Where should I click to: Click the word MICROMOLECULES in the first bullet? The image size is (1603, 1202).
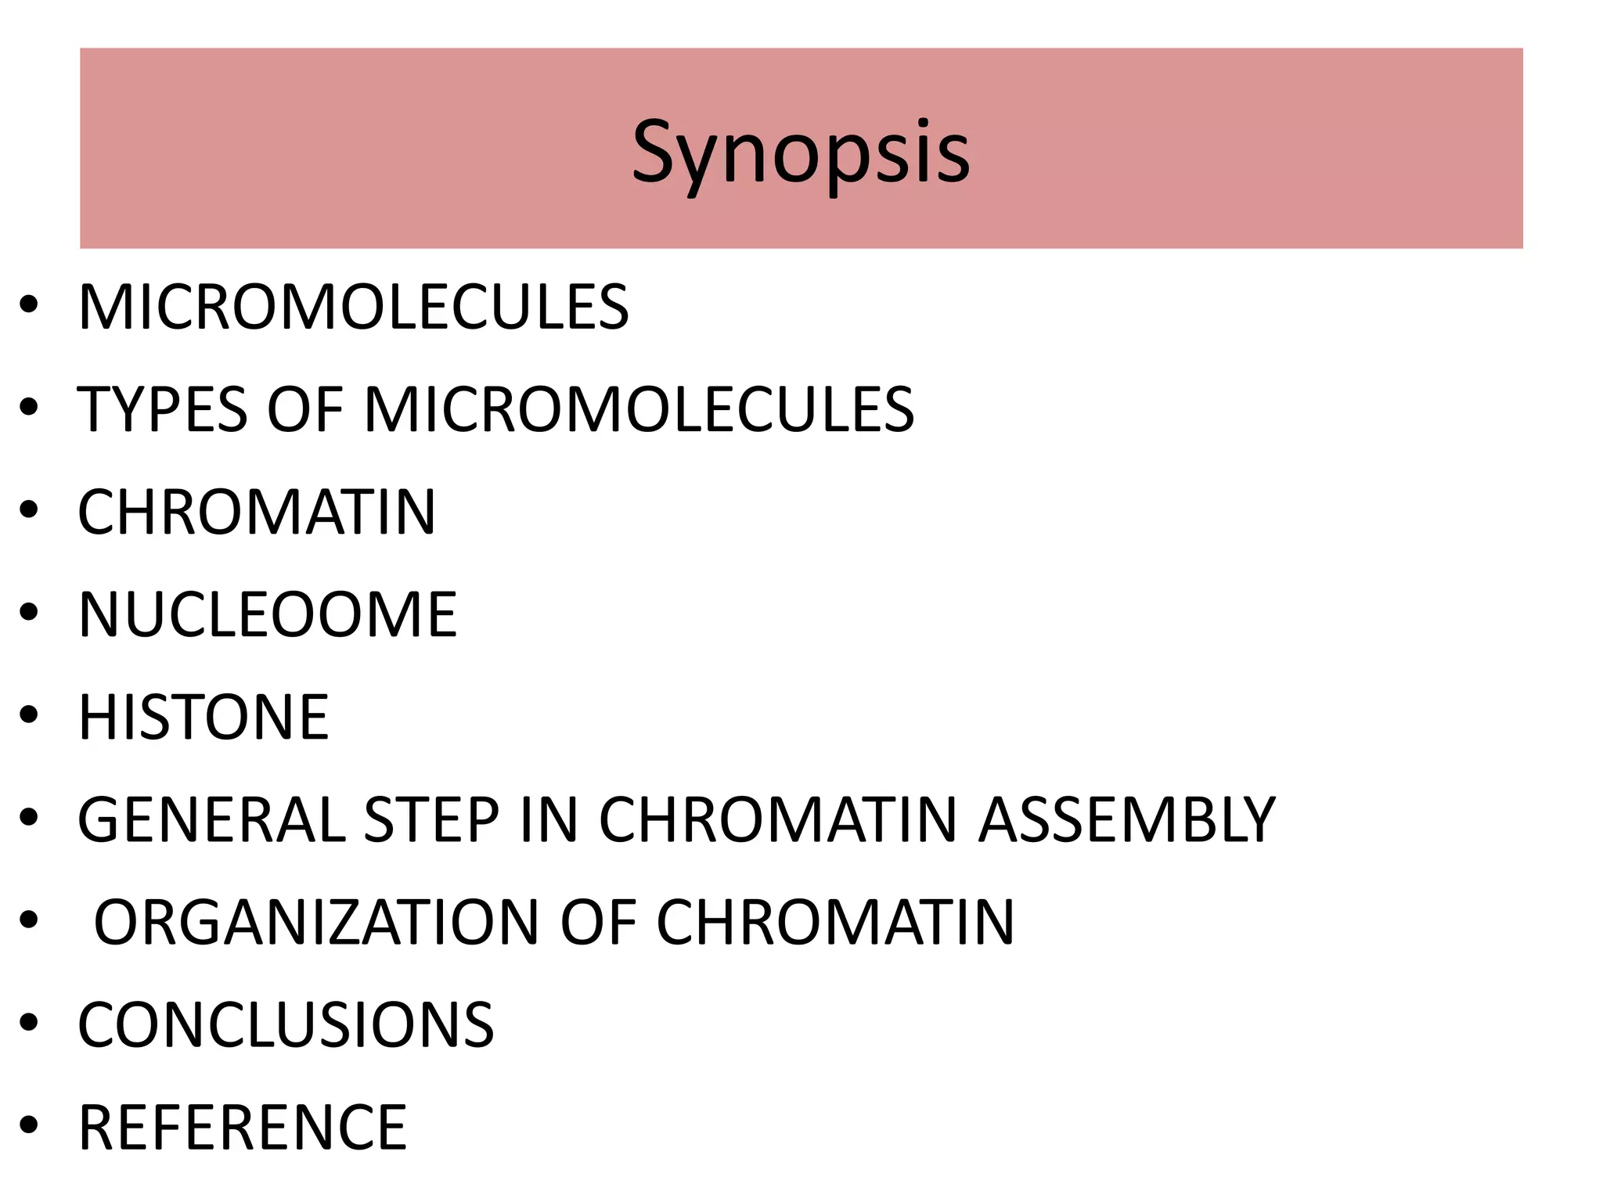coord(353,307)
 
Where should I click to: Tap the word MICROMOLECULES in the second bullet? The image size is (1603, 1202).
coord(639,409)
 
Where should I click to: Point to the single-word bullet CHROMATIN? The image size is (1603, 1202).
coord(257,513)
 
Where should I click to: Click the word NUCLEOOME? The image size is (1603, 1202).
coord(268,615)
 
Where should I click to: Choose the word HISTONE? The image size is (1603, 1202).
coord(204,718)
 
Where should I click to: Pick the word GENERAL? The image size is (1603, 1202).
coord(211,820)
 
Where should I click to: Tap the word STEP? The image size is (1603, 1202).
coord(432,820)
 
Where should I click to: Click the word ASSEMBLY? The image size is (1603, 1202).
coord(1127,820)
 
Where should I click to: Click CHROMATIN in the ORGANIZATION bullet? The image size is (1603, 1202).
coord(835,923)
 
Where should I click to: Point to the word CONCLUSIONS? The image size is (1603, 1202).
coord(286,1025)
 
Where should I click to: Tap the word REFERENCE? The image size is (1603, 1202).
coord(243,1128)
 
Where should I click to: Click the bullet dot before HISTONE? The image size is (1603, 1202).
coord(29,716)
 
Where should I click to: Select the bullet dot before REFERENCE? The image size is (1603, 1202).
coord(29,1126)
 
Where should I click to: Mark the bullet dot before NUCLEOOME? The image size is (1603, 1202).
coord(29,614)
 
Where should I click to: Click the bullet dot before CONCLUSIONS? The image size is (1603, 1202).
coord(29,1024)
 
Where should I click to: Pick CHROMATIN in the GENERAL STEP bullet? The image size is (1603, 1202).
coord(778,820)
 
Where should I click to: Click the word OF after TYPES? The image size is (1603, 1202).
coord(304,409)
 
